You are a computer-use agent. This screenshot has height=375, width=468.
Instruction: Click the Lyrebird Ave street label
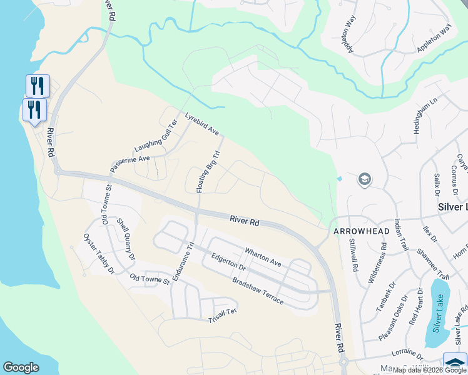coord(202,124)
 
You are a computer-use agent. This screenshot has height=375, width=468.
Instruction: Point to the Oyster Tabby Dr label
coord(99,254)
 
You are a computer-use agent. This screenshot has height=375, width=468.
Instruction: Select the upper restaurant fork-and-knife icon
coord(38,86)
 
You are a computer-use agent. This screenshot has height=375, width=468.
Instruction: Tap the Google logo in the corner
coord(21,367)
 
